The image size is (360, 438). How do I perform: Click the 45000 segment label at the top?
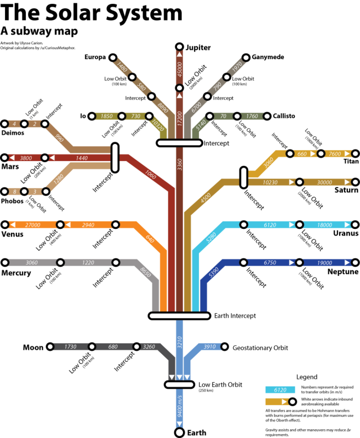[x=179, y=68]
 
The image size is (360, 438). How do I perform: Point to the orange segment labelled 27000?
[x=33, y=224]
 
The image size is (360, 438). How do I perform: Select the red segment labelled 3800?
[x=26, y=158]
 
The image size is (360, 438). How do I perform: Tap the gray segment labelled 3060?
[x=32, y=263]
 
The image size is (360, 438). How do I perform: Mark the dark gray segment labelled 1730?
[x=71, y=347]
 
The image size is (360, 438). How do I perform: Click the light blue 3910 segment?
[x=209, y=347]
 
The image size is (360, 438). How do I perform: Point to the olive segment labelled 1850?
[x=107, y=116]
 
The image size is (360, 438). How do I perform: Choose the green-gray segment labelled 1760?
[x=252, y=116]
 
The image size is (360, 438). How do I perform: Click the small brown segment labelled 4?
[x=14, y=124]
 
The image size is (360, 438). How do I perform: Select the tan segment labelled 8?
[x=14, y=192]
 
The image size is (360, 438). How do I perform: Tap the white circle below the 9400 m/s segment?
[x=179, y=433]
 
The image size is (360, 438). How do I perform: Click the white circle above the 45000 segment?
[x=179, y=47]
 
